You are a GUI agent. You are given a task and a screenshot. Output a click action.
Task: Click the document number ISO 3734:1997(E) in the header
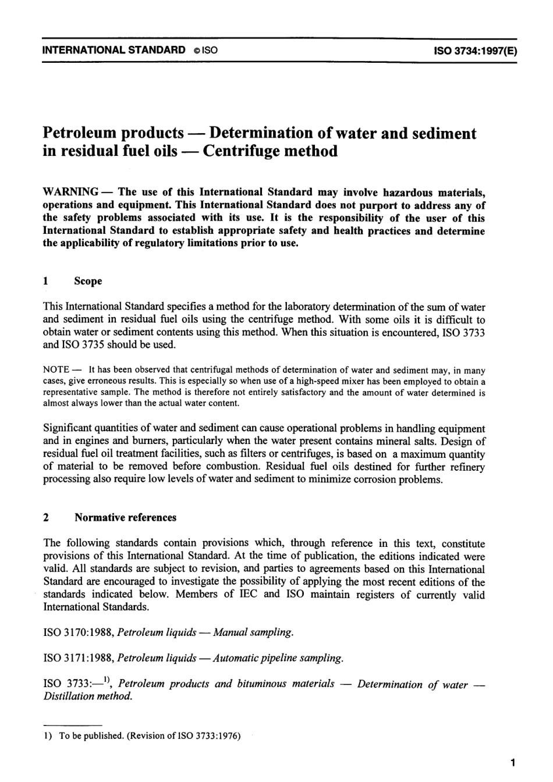point(474,50)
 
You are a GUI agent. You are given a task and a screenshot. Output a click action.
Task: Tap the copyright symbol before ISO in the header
point(196,51)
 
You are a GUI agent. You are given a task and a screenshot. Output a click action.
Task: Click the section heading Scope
point(88,281)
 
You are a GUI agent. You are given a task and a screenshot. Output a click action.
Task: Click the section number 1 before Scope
point(46,281)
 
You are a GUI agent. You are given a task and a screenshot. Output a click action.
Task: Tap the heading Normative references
point(125,517)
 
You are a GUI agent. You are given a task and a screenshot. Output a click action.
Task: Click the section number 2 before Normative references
point(46,517)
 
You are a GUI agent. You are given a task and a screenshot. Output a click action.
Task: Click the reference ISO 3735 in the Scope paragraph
point(81,344)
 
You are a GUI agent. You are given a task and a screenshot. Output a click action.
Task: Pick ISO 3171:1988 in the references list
point(79,659)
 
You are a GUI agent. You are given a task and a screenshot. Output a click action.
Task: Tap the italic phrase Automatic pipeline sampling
point(279,659)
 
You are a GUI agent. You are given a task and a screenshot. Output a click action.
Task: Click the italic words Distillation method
point(88,696)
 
